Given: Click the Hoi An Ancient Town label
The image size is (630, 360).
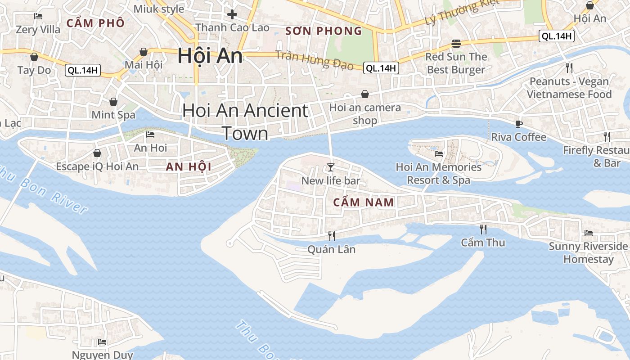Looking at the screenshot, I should pos(245,122).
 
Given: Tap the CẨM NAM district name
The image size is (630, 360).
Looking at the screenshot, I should pos(364,202).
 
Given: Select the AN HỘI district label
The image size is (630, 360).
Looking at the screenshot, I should pos(189,167).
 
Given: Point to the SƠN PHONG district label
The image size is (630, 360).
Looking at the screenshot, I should pos(324,31).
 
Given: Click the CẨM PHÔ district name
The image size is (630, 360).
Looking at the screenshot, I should pos(95,23).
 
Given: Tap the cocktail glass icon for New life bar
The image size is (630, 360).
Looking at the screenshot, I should pos(331,167).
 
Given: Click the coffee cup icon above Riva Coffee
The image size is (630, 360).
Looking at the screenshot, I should pos(518,124).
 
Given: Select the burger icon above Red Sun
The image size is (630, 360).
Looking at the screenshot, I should pos(456,44).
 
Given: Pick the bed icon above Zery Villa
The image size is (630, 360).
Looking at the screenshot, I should pos(38,16).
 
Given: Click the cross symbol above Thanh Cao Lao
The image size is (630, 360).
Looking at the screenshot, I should pos(232,14).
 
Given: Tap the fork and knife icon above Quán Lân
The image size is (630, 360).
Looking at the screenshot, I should pos(332,236).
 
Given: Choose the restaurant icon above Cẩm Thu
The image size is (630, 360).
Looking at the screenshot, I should pos(483,229).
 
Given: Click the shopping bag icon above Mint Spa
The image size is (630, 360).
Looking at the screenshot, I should pos(113,102).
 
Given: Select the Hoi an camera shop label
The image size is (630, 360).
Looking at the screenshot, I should pos(365,114).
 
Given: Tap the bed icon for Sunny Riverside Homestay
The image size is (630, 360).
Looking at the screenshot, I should pos(588,233).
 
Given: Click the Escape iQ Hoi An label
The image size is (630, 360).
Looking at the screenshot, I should pos(97,166).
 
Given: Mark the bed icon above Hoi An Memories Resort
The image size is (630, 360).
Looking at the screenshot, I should pos(438,154).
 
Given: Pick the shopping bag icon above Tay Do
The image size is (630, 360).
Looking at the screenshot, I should pos(34,57).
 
